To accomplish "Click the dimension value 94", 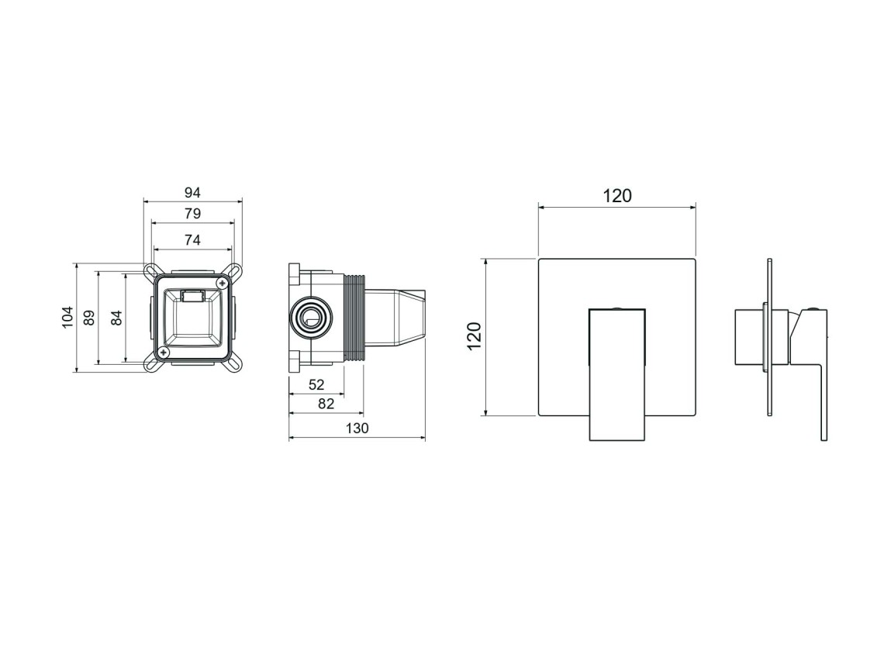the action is (192, 193).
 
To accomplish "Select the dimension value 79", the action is (192, 213).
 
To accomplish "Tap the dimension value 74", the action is (192, 239).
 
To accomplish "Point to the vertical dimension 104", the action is (67, 318).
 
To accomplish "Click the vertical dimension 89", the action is (89, 318).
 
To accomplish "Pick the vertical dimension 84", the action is (116, 318).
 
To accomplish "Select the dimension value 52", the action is (316, 385).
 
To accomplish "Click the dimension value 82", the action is (326, 404).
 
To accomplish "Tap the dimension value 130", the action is (357, 428).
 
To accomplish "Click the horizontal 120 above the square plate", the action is (617, 196).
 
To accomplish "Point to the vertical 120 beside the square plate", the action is (475, 336).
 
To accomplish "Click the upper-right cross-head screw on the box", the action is (223, 284).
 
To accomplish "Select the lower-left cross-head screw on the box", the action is (164, 352).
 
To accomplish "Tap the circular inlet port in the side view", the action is (311, 319).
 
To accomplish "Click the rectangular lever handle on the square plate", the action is (617, 374).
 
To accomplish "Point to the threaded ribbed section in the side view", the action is (354, 318).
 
